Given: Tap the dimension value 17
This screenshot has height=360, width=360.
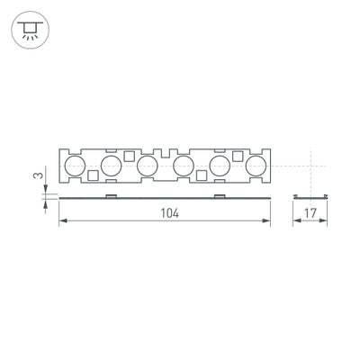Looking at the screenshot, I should click(x=310, y=213).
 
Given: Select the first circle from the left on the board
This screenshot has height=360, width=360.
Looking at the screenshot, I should click(x=76, y=165).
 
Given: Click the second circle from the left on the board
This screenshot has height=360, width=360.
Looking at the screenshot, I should click(x=112, y=165).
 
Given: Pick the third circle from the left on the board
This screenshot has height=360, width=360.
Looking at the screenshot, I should click(x=148, y=165).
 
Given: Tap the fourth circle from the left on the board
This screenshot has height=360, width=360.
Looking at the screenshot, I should click(x=184, y=165).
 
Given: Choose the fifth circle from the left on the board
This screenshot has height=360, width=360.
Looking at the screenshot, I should click(x=220, y=165).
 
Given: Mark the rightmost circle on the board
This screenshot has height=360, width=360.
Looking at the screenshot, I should click(x=256, y=165).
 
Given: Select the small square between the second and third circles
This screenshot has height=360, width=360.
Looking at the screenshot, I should click(x=130, y=156).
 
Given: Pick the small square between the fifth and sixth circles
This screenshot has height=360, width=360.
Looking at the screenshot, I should click(x=238, y=156).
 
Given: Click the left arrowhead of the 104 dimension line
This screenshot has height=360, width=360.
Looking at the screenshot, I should click(x=62, y=222).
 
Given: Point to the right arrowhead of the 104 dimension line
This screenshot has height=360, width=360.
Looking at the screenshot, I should click(x=269, y=222).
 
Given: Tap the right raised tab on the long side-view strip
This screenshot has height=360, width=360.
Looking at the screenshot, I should click(x=220, y=194).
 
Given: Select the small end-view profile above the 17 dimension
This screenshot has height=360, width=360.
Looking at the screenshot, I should click(x=310, y=195).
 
